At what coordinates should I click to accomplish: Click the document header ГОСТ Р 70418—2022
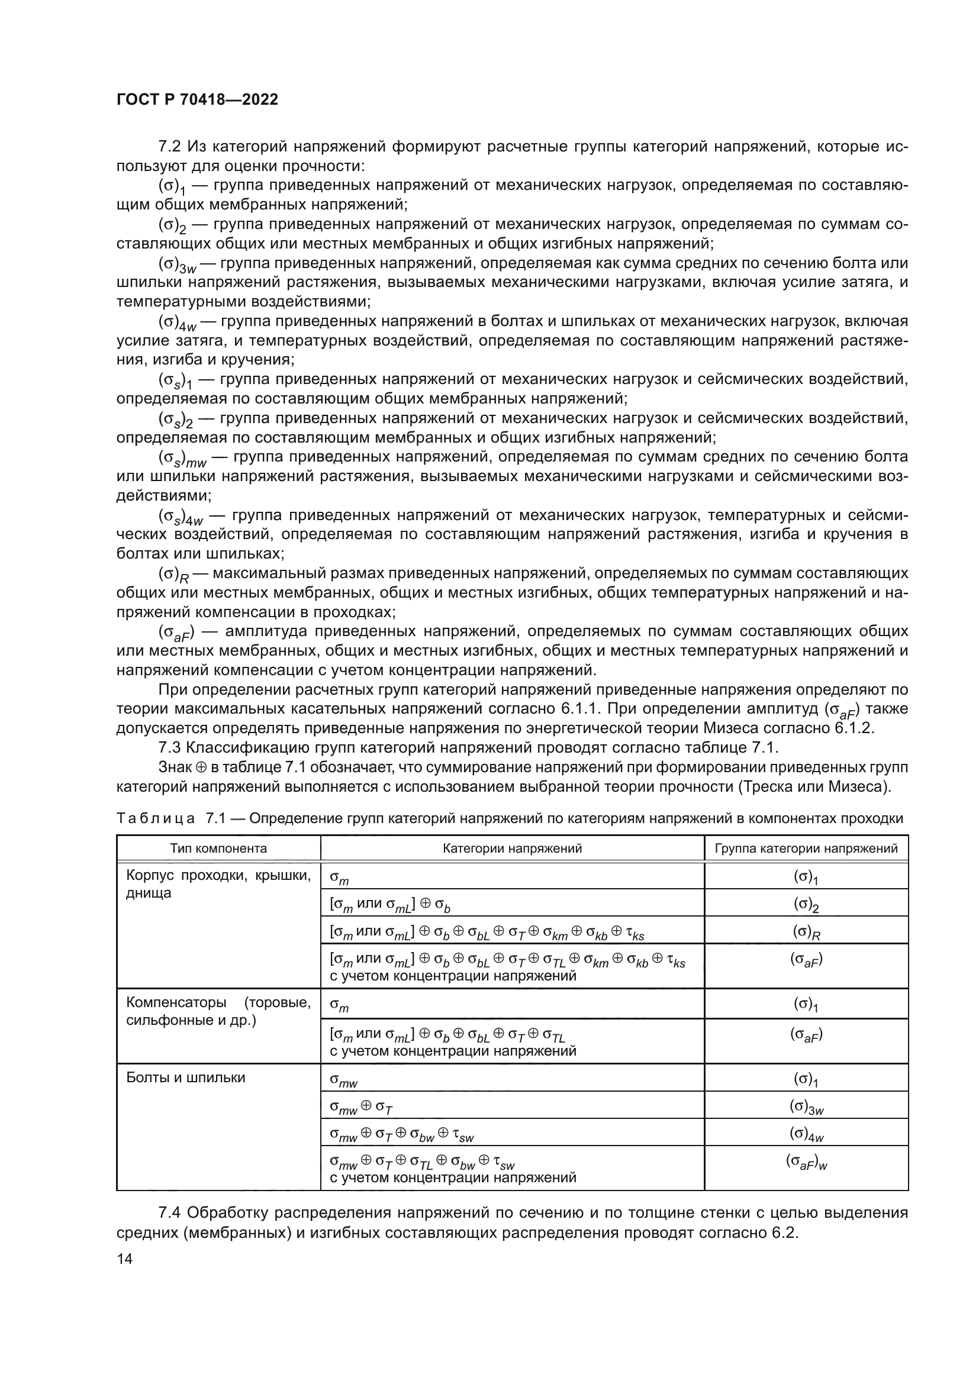pos(197,99)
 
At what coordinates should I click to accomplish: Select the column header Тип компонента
pos(218,849)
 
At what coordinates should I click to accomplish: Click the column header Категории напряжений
pos(512,849)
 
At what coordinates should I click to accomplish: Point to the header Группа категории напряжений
pos(806,849)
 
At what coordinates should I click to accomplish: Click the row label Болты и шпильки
pos(186,1077)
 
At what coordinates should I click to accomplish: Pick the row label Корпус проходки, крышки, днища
pos(218,884)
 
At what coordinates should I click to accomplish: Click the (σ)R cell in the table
pos(806,933)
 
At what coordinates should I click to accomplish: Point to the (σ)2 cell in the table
pos(806,905)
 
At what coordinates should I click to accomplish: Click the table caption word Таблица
pos(156,818)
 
